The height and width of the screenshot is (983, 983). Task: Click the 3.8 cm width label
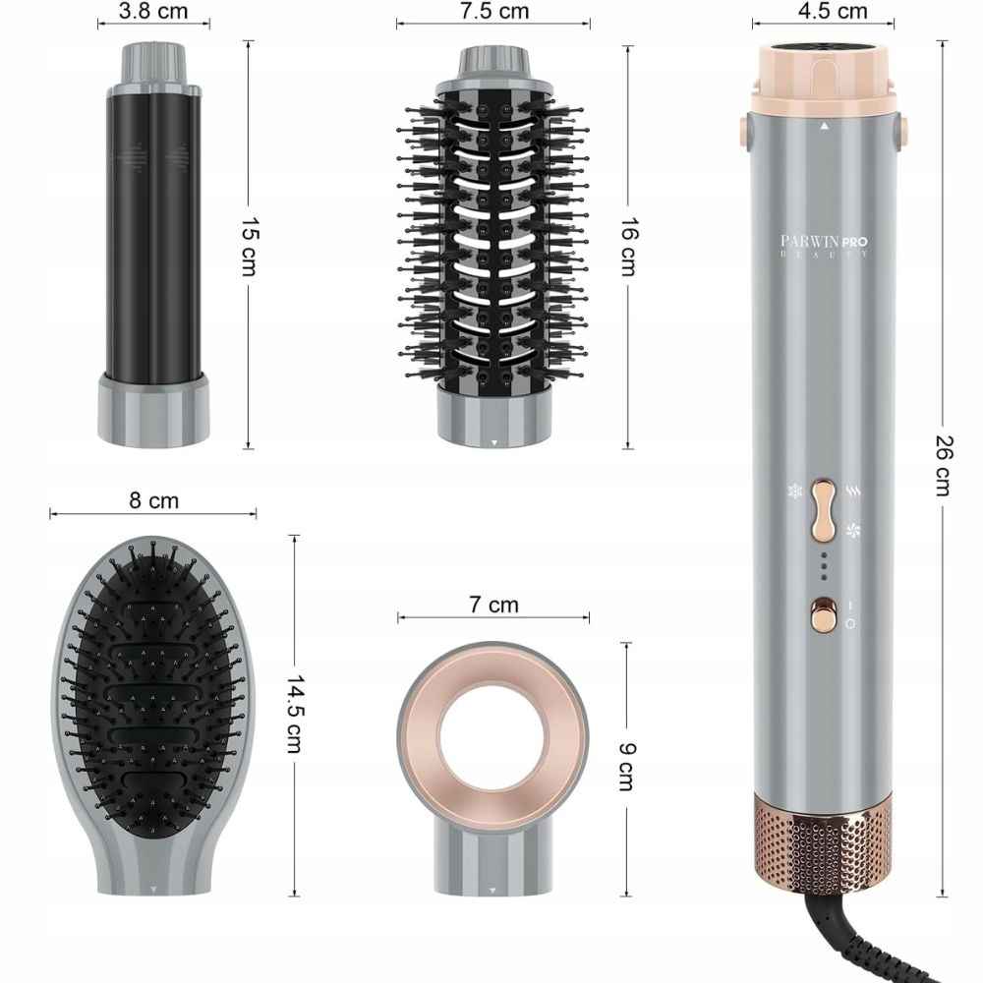(153, 11)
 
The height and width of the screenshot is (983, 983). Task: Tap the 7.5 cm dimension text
(494, 11)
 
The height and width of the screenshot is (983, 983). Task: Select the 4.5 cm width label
(833, 11)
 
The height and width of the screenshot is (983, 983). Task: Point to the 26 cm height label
(944, 465)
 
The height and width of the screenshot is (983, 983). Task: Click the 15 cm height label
(250, 247)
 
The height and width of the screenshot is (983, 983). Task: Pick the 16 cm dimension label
(629, 247)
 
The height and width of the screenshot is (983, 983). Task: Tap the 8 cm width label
(153, 500)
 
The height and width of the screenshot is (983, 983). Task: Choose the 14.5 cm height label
(295, 714)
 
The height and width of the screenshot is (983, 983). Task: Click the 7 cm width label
(494, 605)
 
